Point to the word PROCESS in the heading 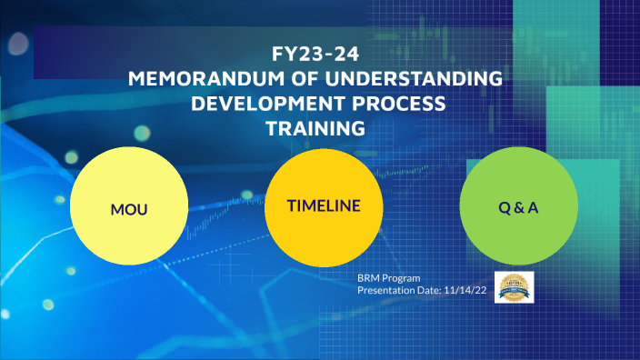pos(392,104)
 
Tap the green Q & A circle pos(518,208)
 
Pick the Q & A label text pos(518,208)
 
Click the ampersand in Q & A pos(518,208)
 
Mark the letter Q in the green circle pos(504,208)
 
